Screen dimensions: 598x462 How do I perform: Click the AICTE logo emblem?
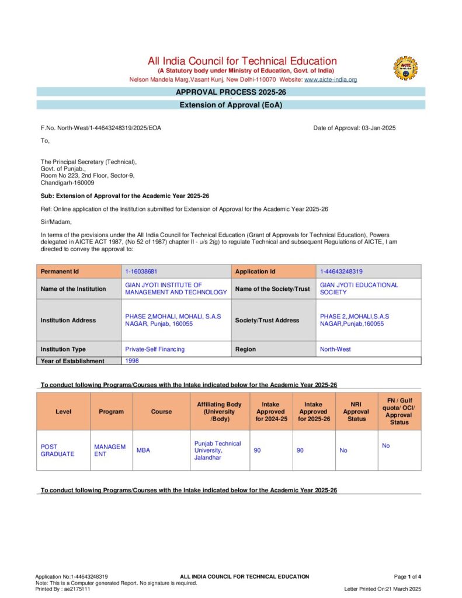click(405, 68)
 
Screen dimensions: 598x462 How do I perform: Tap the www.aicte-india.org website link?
click(330, 79)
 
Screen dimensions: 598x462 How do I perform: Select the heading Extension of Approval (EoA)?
click(231, 105)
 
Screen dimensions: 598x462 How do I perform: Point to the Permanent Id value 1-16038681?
click(141, 272)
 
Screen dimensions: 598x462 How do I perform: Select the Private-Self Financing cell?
click(155, 349)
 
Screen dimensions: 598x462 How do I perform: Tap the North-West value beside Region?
click(336, 349)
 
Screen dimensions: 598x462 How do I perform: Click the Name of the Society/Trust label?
click(272, 289)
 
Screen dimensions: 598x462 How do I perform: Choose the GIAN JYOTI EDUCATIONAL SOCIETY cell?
click(359, 288)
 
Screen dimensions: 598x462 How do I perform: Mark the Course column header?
click(161, 412)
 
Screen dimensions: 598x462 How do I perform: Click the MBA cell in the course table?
click(144, 451)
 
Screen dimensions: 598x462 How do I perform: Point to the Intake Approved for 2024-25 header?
click(270, 412)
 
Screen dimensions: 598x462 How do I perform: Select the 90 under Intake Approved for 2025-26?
click(300, 451)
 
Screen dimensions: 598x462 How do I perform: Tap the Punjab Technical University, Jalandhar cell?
click(217, 451)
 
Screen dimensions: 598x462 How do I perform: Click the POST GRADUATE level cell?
click(57, 450)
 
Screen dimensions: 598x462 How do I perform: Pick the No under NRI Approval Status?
click(343, 451)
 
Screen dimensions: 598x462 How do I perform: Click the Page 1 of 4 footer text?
click(408, 576)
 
